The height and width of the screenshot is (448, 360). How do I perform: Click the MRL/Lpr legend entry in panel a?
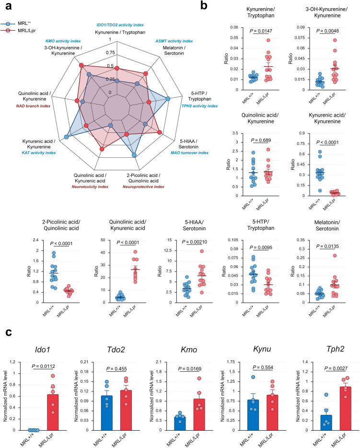pyautogui.click(x=18, y=31)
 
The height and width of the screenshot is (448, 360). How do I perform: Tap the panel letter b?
pyautogui.click(x=204, y=5)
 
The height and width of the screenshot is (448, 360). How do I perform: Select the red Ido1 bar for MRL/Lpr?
pyautogui.click(x=53, y=413)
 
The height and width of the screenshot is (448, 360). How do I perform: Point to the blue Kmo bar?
pyautogui.click(x=180, y=424)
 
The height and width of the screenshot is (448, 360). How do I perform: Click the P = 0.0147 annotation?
pyautogui.click(x=261, y=31)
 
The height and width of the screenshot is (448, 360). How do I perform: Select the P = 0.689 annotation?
pyautogui.click(x=261, y=140)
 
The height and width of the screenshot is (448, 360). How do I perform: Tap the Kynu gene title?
pyautogui.click(x=262, y=349)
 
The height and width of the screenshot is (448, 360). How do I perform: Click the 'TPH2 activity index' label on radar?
pyautogui.click(x=199, y=106)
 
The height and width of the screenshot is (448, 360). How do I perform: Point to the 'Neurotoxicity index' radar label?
pyautogui.click(x=90, y=187)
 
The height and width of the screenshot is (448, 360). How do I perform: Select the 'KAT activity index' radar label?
pyautogui.click(x=39, y=153)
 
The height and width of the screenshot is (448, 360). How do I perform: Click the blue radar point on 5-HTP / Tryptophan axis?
pyautogui.click(x=168, y=99)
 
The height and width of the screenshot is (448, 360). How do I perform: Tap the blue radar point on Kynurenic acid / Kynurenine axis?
pyautogui.click(x=67, y=137)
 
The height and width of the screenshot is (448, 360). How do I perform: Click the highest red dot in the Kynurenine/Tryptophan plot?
pyautogui.click(x=268, y=40)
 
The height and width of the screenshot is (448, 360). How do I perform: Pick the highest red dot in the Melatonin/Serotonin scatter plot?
pyautogui.click(x=335, y=256)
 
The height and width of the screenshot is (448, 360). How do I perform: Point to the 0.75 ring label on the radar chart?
pyautogui.click(x=110, y=53)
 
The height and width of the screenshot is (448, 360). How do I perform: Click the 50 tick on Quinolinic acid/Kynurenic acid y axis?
pyautogui.click(x=103, y=240)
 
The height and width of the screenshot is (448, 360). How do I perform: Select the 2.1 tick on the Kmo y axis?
pyautogui.click(x=159, y=362)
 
